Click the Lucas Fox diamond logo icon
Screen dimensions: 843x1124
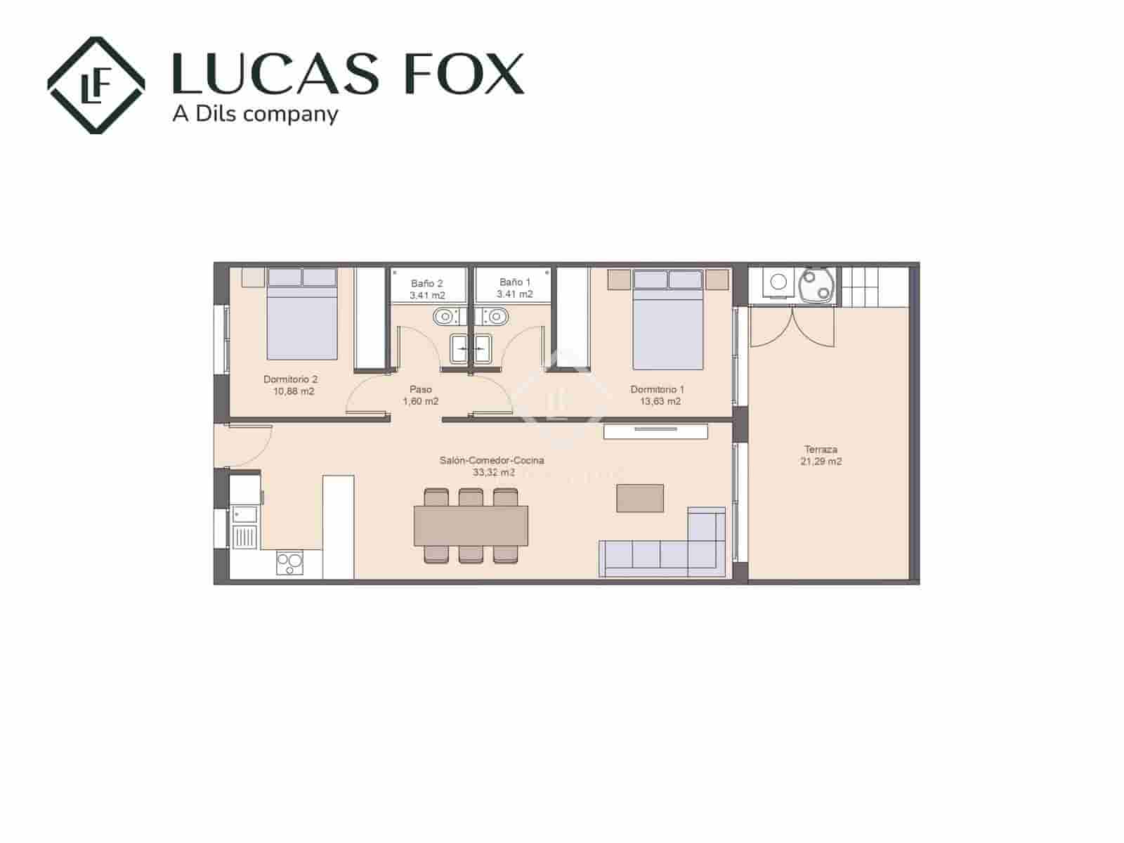point(96,85)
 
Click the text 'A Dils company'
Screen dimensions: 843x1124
point(255,114)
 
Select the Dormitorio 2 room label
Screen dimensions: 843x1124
point(290,379)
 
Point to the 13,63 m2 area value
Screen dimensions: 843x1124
point(660,402)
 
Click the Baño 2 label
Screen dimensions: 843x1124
point(426,283)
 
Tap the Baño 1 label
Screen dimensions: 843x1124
point(514,282)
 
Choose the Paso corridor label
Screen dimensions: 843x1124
point(420,389)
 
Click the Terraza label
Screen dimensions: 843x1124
point(821,450)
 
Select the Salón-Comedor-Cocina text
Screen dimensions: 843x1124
point(492,461)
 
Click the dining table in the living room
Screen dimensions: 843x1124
point(471,525)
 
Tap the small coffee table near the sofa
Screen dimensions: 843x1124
point(640,499)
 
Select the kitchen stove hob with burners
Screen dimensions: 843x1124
point(289,563)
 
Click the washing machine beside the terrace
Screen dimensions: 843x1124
point(778,283)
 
